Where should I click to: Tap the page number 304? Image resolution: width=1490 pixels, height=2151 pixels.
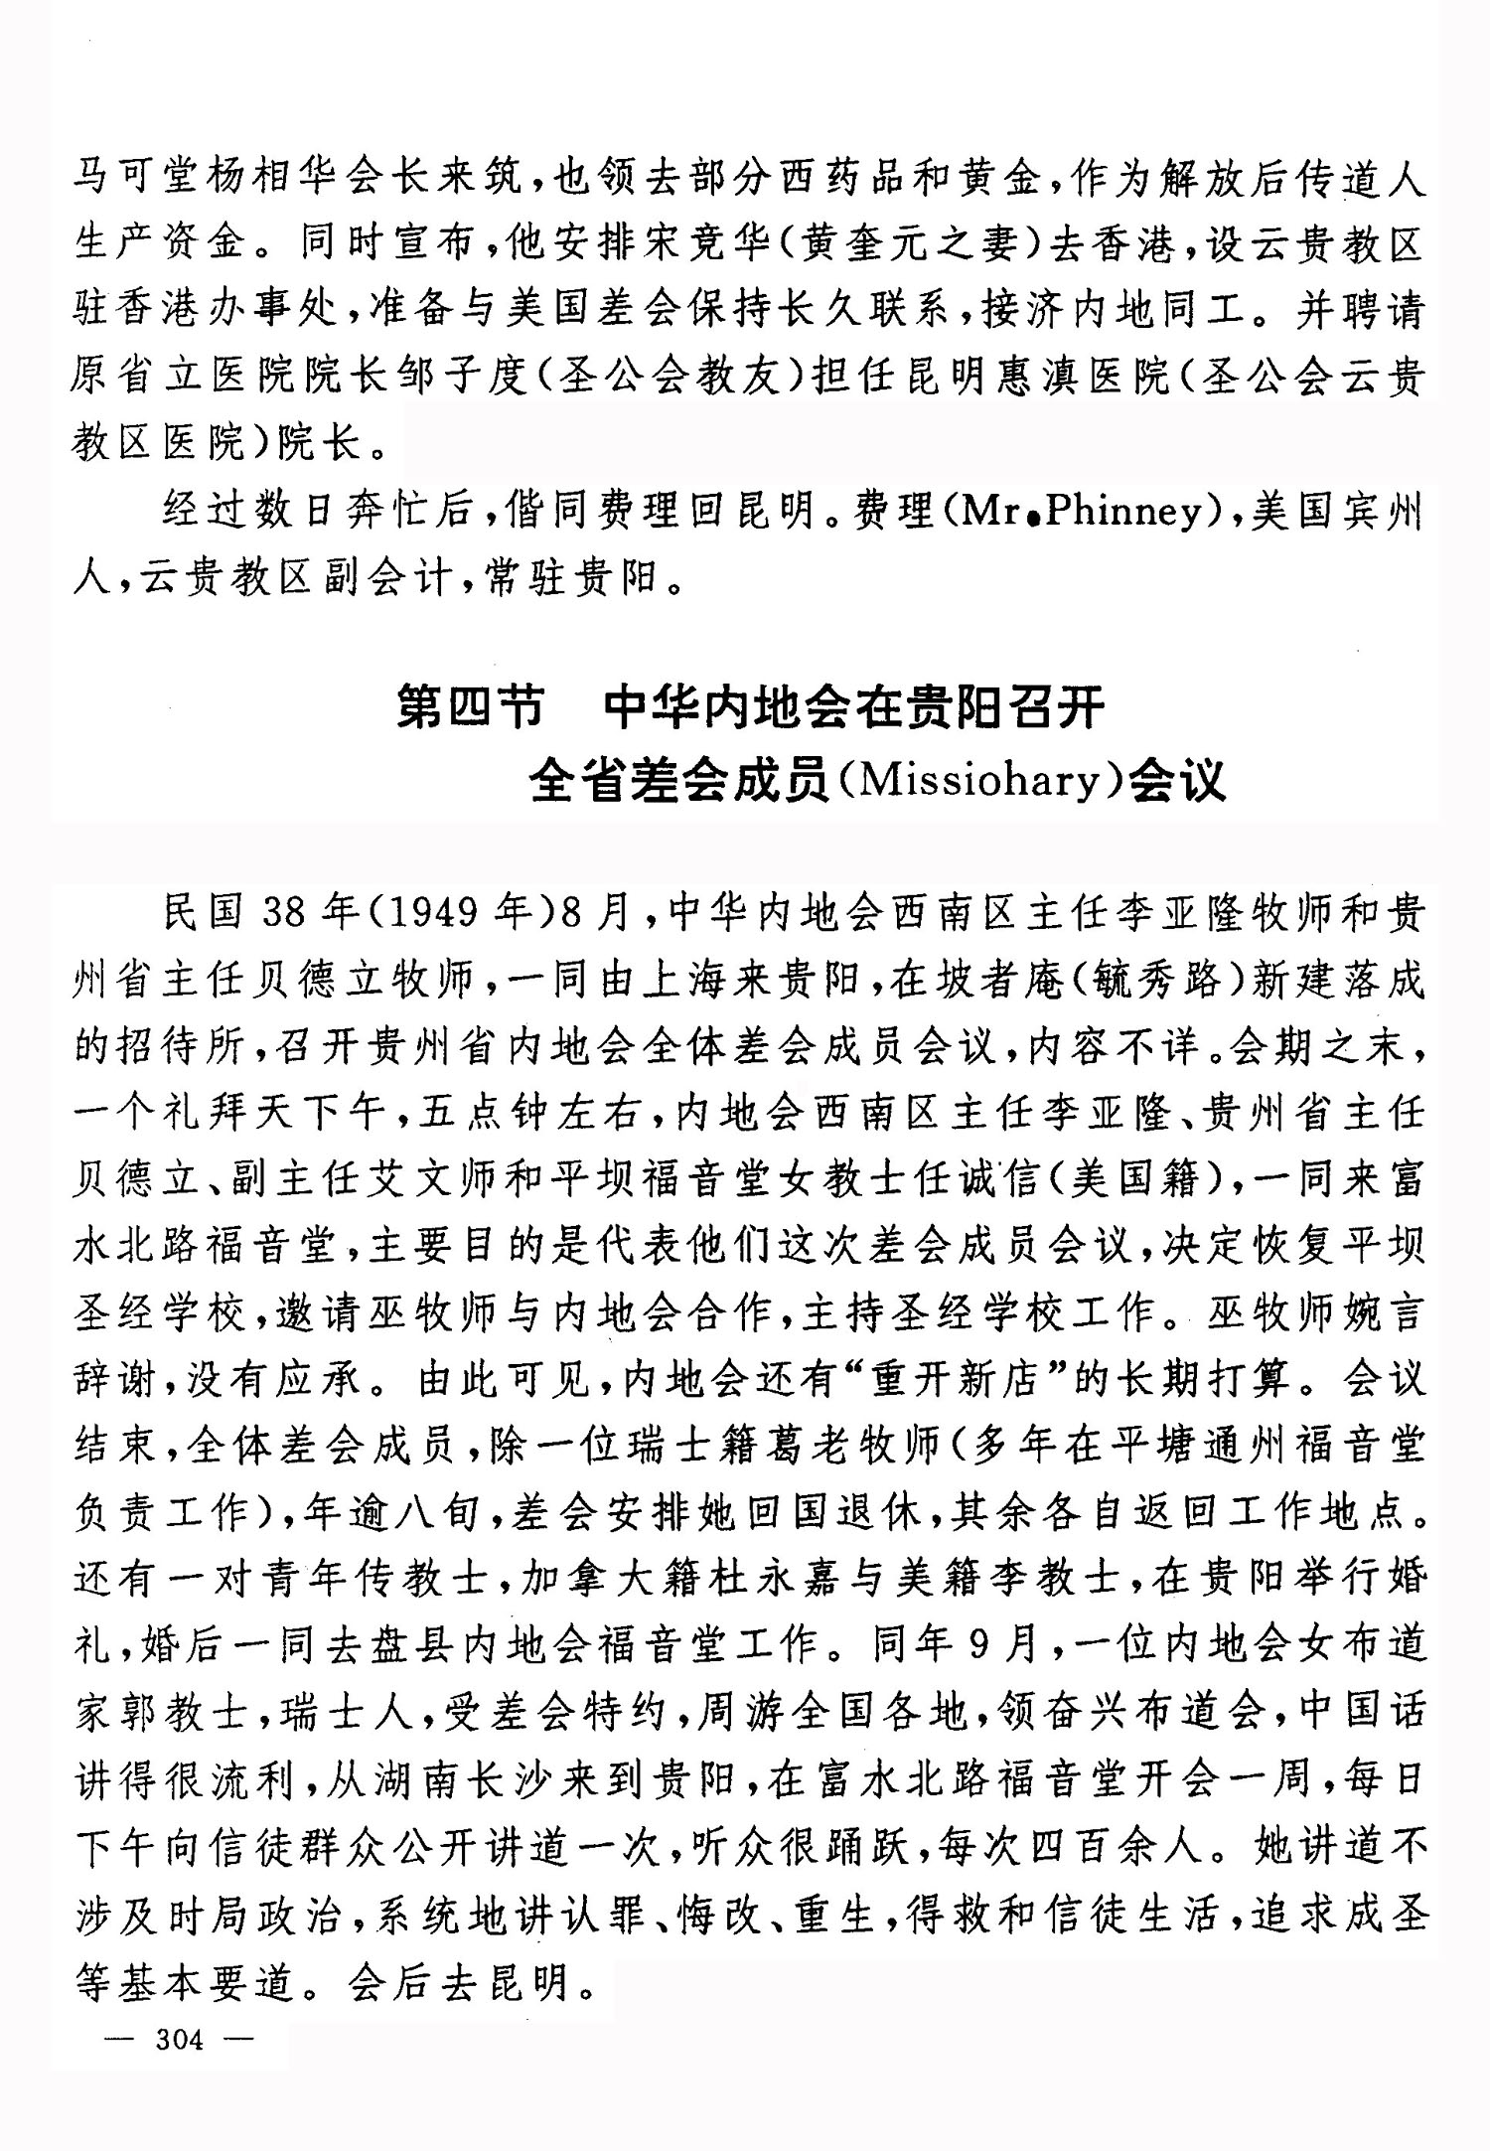click(179, 2040)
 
